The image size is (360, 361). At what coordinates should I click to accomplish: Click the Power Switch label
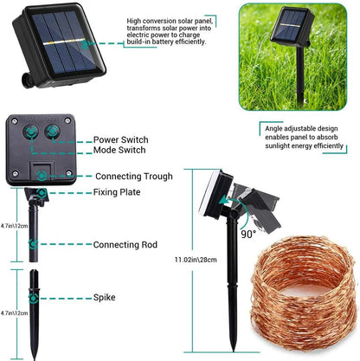[120, 139]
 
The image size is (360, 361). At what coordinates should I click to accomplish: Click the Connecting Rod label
[125, 246]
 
